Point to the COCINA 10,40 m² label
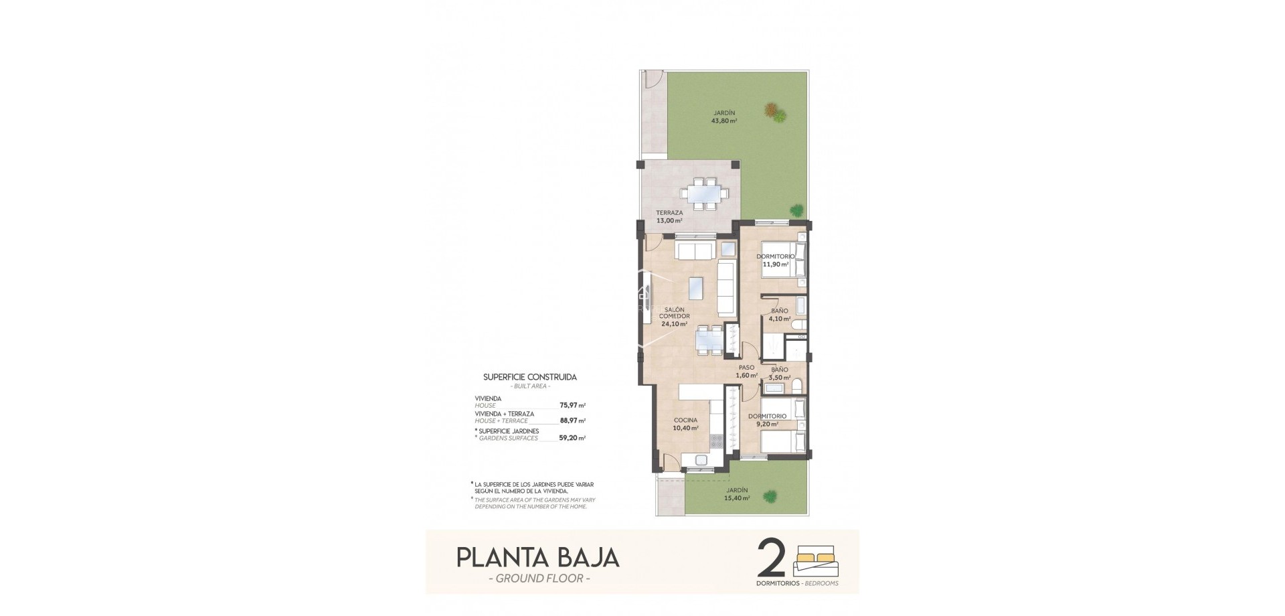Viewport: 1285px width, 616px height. coord(686,424)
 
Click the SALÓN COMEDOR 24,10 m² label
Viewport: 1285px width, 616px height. coord(674,316)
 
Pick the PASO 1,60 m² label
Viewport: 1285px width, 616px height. coord(746,372)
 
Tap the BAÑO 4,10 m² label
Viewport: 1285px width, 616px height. coord(779,315)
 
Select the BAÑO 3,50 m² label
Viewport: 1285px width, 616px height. coord(779,374)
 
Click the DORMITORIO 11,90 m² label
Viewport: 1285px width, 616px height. coord(776,260)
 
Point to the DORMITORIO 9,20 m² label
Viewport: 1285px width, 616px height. coord(767,420)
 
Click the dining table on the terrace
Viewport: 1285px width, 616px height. coord(703,194)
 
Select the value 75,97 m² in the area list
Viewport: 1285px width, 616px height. coord(572,405)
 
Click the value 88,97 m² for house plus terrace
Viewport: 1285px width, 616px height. coord(572,421)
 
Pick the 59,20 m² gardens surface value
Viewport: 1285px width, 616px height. coord(572,439)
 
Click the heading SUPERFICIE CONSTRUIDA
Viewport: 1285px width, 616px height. coord(529,377)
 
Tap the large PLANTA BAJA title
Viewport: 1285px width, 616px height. coord(537,558)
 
